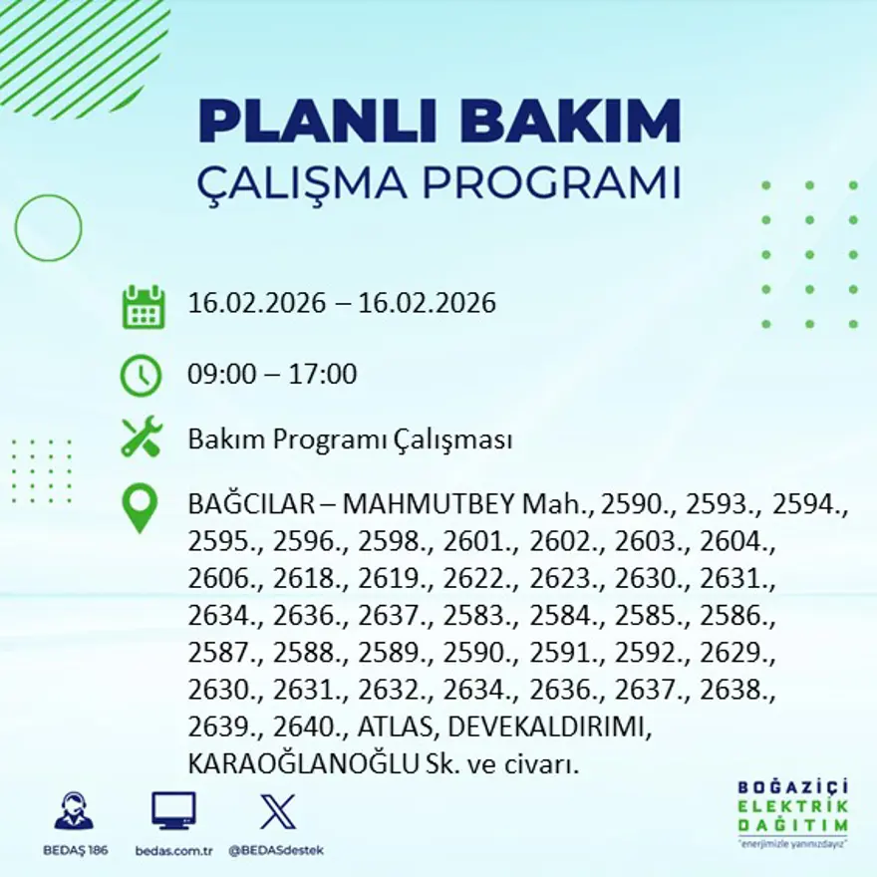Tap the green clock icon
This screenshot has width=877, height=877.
[142, 376]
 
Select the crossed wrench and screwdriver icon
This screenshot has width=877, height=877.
[142, 438]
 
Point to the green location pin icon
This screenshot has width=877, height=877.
[140, 507]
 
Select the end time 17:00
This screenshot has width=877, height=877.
[323, 375]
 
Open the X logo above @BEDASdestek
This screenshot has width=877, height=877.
[276, 811]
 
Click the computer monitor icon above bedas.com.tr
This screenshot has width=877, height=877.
[173, 811]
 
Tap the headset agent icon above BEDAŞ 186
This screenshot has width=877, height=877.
[74, 811]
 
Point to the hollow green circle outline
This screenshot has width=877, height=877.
[48, 228]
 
